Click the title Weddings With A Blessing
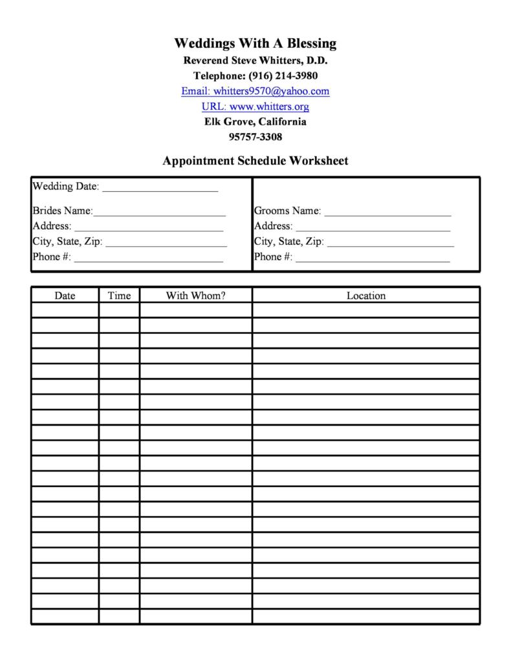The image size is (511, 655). tap(255, 43)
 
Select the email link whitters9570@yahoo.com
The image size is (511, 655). tap(255, 91)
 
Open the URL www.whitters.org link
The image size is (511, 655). tap(255, 107)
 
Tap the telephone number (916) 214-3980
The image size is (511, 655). tap(283, 76)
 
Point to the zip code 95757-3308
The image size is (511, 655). tap(255, 137)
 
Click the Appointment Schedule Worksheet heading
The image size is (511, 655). tap(255, 161)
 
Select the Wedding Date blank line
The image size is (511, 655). tap(160, 189)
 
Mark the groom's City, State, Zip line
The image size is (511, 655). tap(391, 244)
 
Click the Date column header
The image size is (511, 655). tap(65, 296)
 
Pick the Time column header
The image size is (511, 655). tap(119, 296)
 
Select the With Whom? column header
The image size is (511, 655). tap(195, 296)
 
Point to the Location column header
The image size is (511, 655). tap(365, 296)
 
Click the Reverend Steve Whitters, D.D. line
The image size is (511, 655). tap(255, 60)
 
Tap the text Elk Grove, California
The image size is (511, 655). tap(255, 121)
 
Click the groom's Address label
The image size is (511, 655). tap(273, 226)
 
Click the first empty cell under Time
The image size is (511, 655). tap(119, 311)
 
